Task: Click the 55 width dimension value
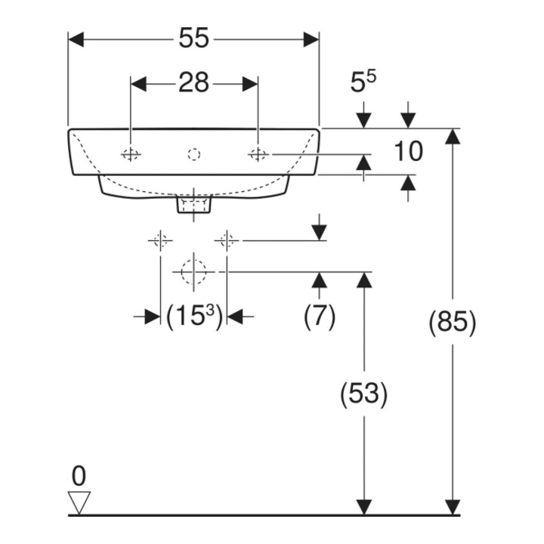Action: pyautogui.click(x=194, y=38)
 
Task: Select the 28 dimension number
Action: pyautogui.click(x=194, y=82)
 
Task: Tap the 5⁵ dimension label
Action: pyautogui.click(x=363, y=82)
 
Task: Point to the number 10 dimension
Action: pyautogui.click(x=408, y=151)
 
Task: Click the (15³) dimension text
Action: pyautogui.click(x=194, y=316)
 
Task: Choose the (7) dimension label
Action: pyautogui.click(x=320, y=316)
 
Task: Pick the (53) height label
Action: pyautogui.click(x=363, y=394)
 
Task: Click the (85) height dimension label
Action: pyautogui.click(x=453, y=323)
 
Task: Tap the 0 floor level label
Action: pyautogui.click(x=79, y=476)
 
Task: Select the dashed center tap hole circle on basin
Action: pyautogui.click(x=194, y=154)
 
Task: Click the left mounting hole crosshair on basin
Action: pyautogui.click(x=131, y=154)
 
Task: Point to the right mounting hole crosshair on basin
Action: pyautogui.click(x=258, y=154)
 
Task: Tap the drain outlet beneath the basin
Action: pyautogui.click(x=194, y=205)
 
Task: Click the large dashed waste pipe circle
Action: pyautogui.click(x=193, y=272)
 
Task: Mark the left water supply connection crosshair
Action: pyautogui.click(x=160, y=240)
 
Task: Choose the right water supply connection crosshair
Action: pyautogui.click(x=227, y=240)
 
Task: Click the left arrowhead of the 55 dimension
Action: pyautogui.click(x=76, y=39)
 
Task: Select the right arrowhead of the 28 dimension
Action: pyautogui.click(x=250, y=84)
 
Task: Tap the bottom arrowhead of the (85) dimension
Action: pyautogui.click(x=453, y=507)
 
